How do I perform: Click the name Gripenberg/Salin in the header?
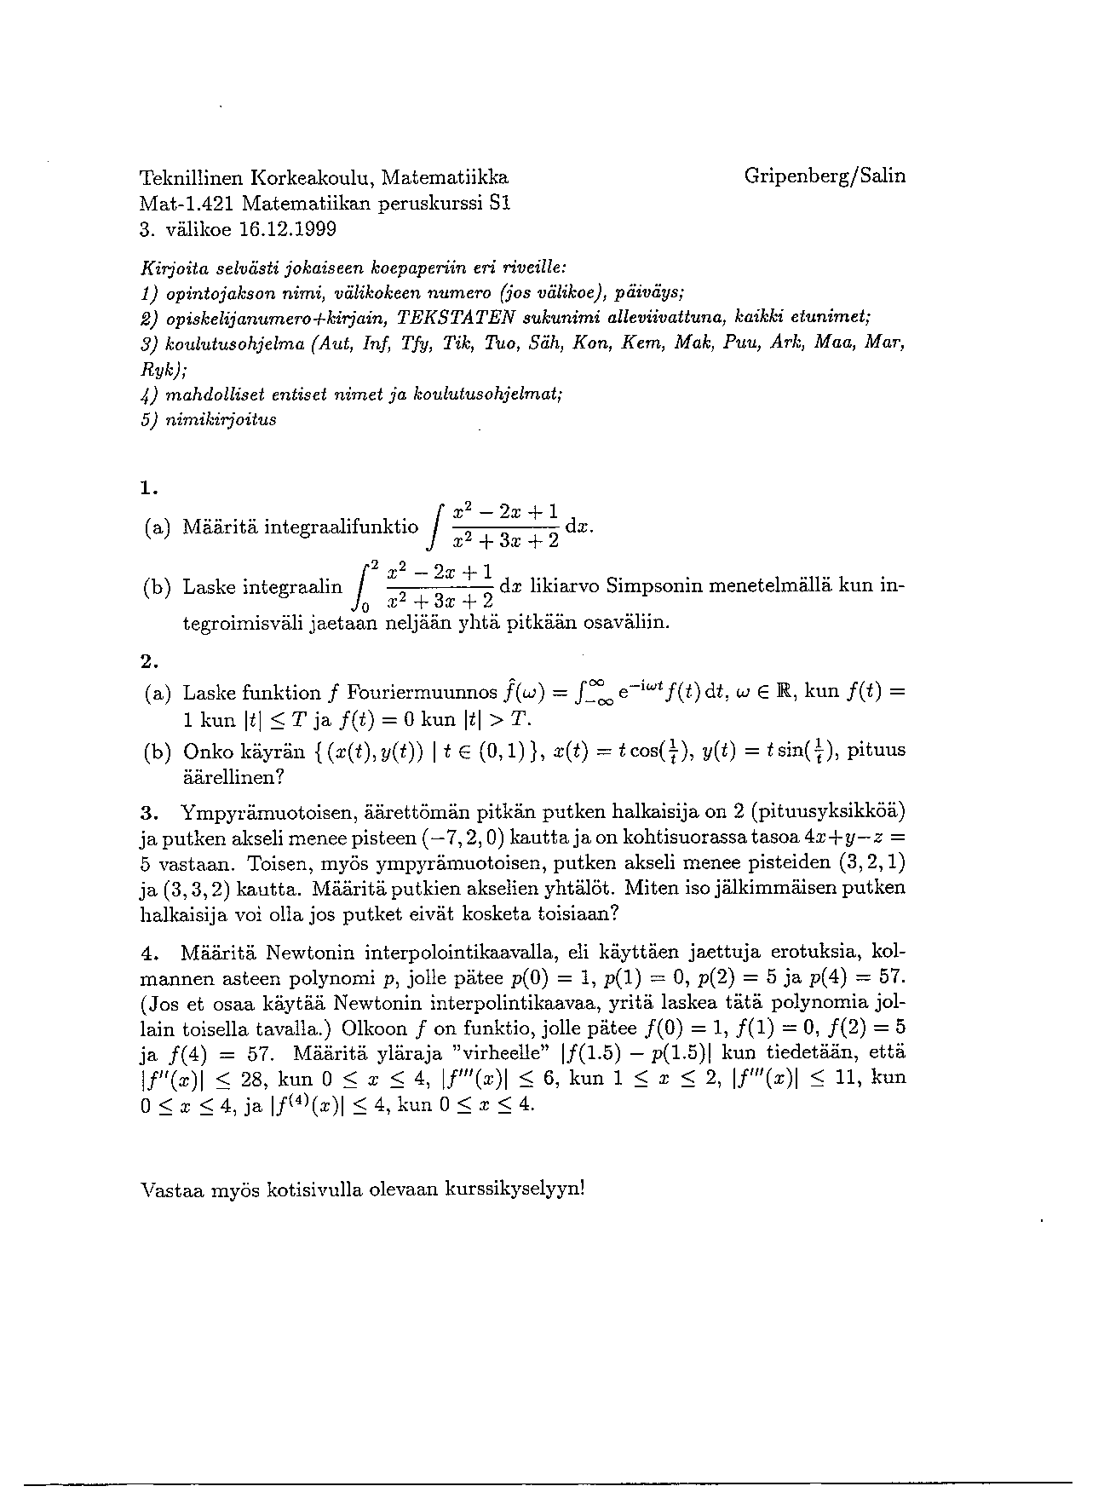coord(824,176)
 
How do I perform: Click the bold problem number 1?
coord(148,488)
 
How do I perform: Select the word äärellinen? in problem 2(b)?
coord(233,777)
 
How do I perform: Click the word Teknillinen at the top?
coord(191,178)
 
